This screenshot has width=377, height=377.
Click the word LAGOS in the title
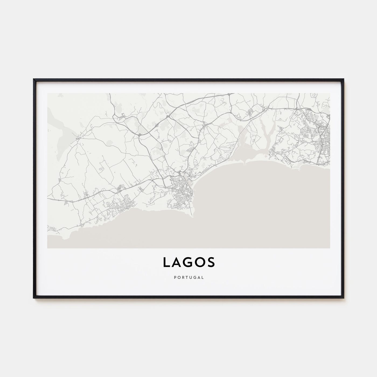188,263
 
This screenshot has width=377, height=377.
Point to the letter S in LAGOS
211,263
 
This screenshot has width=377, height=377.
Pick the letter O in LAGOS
200,263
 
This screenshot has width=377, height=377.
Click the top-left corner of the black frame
34,79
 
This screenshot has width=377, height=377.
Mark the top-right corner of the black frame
344,79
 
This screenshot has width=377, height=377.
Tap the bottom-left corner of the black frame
34,298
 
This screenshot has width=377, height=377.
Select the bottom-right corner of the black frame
344,298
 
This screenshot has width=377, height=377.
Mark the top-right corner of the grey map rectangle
330,93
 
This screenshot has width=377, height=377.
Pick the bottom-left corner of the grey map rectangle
47,248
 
